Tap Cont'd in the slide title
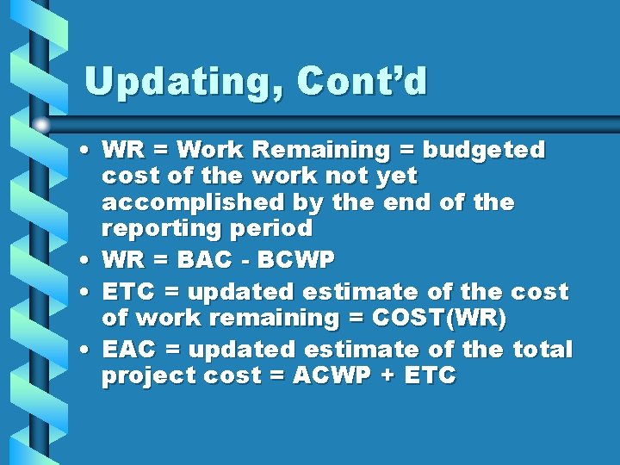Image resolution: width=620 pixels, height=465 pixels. (362, 81)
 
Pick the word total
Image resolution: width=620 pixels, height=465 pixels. (542, 350)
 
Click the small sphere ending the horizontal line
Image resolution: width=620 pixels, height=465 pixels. (41, 124)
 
